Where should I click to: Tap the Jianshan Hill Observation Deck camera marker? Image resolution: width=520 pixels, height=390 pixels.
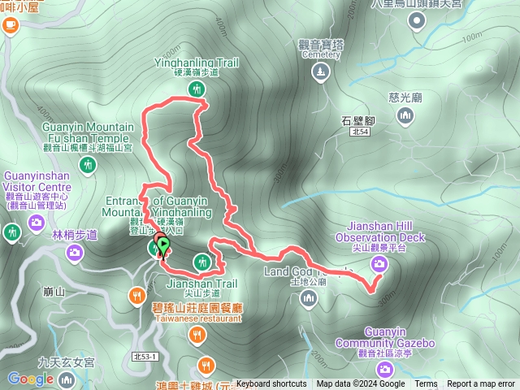point(379,264)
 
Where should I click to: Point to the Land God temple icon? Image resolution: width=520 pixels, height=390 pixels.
point(308,298)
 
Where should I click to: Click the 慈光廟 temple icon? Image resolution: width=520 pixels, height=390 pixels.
point(405,118)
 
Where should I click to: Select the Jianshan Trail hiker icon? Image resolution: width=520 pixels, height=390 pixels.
point(201,261)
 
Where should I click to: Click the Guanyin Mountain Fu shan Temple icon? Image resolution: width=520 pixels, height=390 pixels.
point(89,166)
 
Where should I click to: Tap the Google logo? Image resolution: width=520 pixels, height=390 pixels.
point(30,379)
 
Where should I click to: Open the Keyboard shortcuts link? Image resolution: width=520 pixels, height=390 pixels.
point(271,384)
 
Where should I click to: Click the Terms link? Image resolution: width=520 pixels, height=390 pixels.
point(426,384)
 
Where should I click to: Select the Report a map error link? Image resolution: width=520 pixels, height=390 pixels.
point(483,384)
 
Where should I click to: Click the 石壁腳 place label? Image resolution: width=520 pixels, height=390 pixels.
point(357,119)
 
